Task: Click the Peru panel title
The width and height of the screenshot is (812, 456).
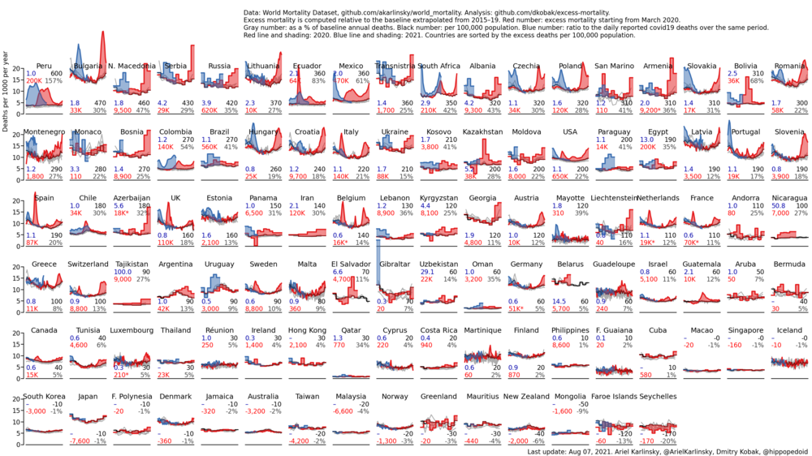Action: tap(45, 66)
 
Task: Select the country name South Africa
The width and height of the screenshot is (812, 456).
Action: tap(439, 66)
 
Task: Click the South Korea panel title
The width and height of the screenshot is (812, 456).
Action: tap(45, 397)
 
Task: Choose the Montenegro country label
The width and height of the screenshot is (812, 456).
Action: tap(45, 131)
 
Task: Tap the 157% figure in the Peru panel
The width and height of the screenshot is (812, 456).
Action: tap(54, 81)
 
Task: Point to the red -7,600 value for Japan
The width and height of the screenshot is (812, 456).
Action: tap(80, 441)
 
